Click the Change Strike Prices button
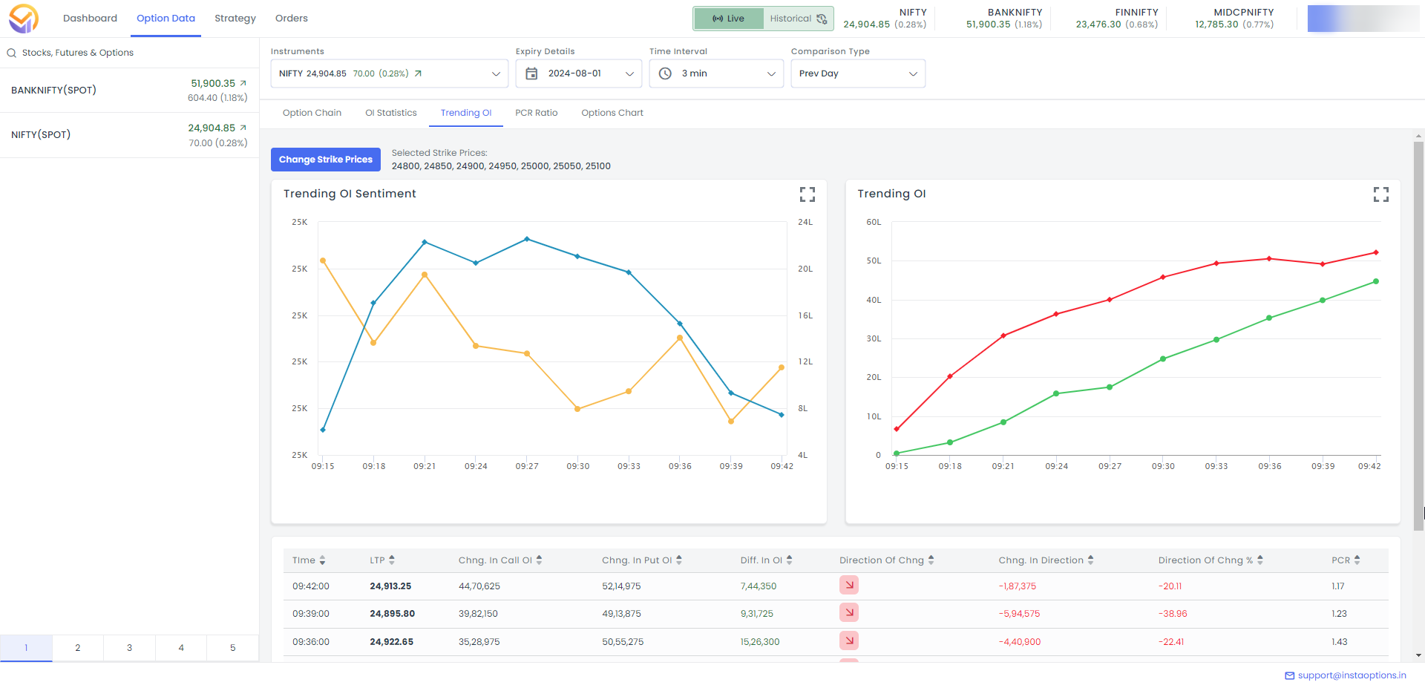point(325,160)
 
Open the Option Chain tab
point(312,113)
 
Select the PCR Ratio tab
point(536,113)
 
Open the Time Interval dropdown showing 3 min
point(716,73)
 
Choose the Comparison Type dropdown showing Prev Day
point(857,73)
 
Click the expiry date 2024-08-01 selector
point(579,73)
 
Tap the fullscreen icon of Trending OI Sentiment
point(807,194)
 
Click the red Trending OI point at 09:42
point(1375,253)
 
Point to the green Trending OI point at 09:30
point(1163,359)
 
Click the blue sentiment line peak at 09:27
point(527,239)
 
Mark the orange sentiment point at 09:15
point(323,261)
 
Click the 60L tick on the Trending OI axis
point(874,222)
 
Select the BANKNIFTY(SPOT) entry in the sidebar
point(54,91)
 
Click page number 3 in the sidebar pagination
point(129,648)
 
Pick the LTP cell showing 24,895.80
point(392,614)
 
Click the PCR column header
point(1340,560)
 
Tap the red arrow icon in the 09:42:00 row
point(849,586)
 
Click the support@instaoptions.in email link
point(1351,675)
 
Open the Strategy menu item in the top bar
point(235,19)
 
